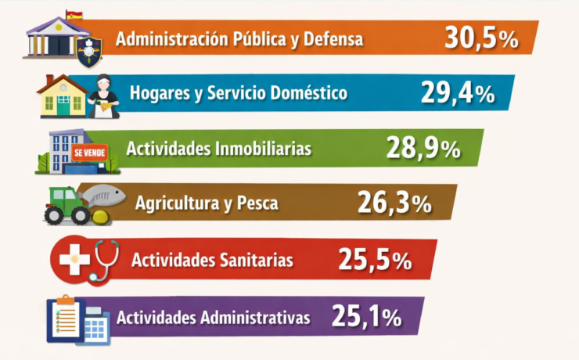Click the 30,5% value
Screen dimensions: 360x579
[x=480, y=38]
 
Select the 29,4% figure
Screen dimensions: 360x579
[x=458, y=93]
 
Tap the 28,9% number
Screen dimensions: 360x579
[x=423, y=148]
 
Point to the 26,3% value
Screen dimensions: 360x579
[x=394, y=203]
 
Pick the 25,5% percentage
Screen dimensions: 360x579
[x=375, y=260]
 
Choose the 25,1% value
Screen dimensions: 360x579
[x=366, y=317]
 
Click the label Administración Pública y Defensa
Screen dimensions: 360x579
[x=239, y=38]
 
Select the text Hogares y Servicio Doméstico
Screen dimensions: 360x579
[x=239, y=94]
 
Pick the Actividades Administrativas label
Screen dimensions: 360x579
[x=214, y=318]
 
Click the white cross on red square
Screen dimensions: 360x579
[x=75, y=260]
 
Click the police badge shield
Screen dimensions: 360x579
[x=90, y=49]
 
